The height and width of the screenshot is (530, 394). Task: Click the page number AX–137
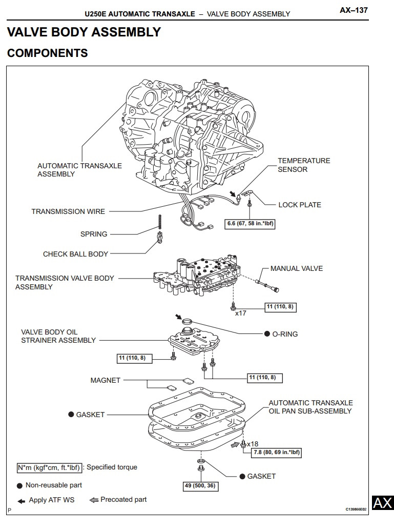coord(354,10)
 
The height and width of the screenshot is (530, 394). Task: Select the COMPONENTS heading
coord(47,53)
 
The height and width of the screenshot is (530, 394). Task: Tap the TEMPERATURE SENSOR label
coord(304,165)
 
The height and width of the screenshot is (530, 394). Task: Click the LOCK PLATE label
coord(300,205)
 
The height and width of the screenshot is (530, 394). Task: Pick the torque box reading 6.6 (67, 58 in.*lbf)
coord(251,224)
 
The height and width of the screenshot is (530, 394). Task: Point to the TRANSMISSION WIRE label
coord(68,211)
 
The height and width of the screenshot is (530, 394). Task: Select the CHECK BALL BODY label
coord(75,254)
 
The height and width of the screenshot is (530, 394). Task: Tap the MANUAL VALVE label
coord(297,268)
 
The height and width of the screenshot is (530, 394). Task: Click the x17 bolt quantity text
coord(241,313)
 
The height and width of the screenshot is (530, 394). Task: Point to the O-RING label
coord(285,334)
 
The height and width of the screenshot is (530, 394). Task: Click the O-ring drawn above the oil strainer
coord(188,322)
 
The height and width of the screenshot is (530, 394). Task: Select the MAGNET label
coord(105,380)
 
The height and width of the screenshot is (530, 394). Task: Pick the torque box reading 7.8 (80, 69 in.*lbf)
coord(276,453)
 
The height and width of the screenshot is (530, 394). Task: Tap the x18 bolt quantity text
coord(253,443)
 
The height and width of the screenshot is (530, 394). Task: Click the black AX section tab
coord(382,503)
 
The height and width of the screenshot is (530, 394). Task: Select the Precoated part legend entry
coord(123,499)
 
